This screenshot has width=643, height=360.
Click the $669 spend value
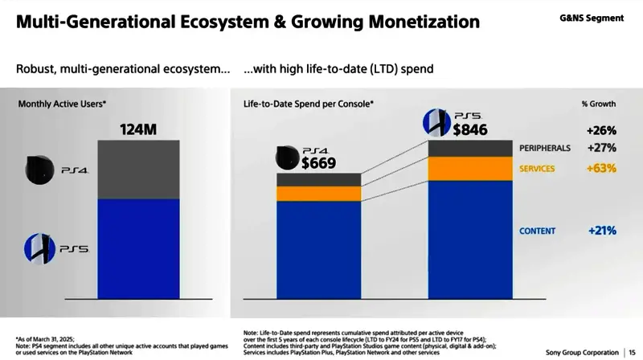318,163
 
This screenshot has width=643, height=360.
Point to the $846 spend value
470,129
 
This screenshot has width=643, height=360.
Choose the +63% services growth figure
601,170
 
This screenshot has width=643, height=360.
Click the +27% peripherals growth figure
601,149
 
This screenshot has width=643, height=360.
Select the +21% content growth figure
601,231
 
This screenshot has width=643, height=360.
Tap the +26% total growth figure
601,129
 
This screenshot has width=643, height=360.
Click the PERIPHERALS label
545,149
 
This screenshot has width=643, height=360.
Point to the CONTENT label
537,231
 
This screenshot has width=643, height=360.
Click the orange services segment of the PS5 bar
470,169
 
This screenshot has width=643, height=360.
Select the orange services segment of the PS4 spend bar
318,194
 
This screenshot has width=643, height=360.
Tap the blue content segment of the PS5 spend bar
470,249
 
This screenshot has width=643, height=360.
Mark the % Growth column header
598,104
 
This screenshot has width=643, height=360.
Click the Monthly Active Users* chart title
62,104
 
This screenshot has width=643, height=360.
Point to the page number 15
632,352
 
